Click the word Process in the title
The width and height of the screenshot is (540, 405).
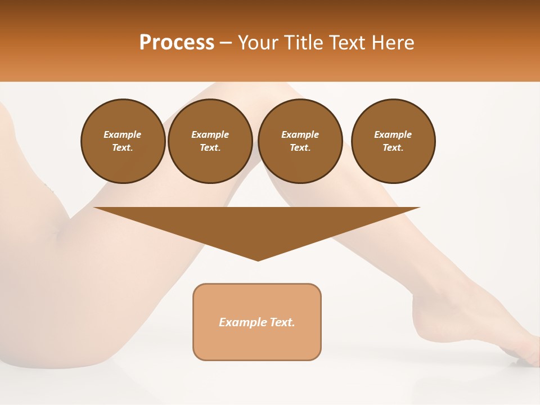177,43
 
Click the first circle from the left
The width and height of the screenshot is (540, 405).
123,141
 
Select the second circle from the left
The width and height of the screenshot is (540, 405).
210,141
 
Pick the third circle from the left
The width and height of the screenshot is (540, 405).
300,141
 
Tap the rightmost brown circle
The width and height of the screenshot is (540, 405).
393,141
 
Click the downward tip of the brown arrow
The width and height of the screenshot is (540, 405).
258,260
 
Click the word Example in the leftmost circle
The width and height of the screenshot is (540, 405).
123,134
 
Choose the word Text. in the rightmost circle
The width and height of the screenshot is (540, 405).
393,148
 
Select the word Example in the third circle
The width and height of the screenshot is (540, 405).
300,134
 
